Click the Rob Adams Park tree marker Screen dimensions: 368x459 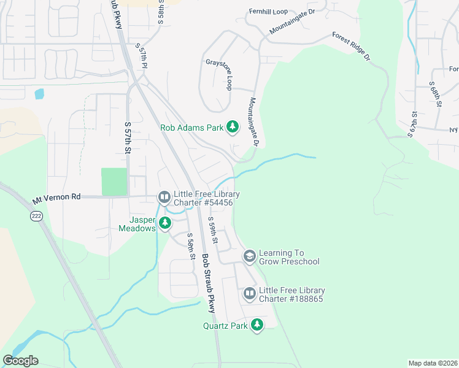click(x=233, y=127)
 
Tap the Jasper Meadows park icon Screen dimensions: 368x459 click(x=164, y=223)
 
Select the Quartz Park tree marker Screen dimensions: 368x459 click(x=257, y=325)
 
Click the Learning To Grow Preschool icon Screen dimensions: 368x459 click(x=249, y=256)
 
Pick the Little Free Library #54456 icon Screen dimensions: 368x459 click(x=164, y=197)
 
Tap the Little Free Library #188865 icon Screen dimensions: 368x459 click(x=249, y=294)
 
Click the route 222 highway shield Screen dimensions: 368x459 click(x=36, y=216)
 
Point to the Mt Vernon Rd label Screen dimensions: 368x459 click(x=56, y=199)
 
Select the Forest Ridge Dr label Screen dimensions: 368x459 click(x=352, y=46)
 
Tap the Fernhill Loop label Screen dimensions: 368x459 click(x=268, y=12)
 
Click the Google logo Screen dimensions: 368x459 click(x=20, y=361)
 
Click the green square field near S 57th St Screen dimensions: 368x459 click(x=114, y=182)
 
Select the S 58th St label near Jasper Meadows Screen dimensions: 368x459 click(x=191, y=246)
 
